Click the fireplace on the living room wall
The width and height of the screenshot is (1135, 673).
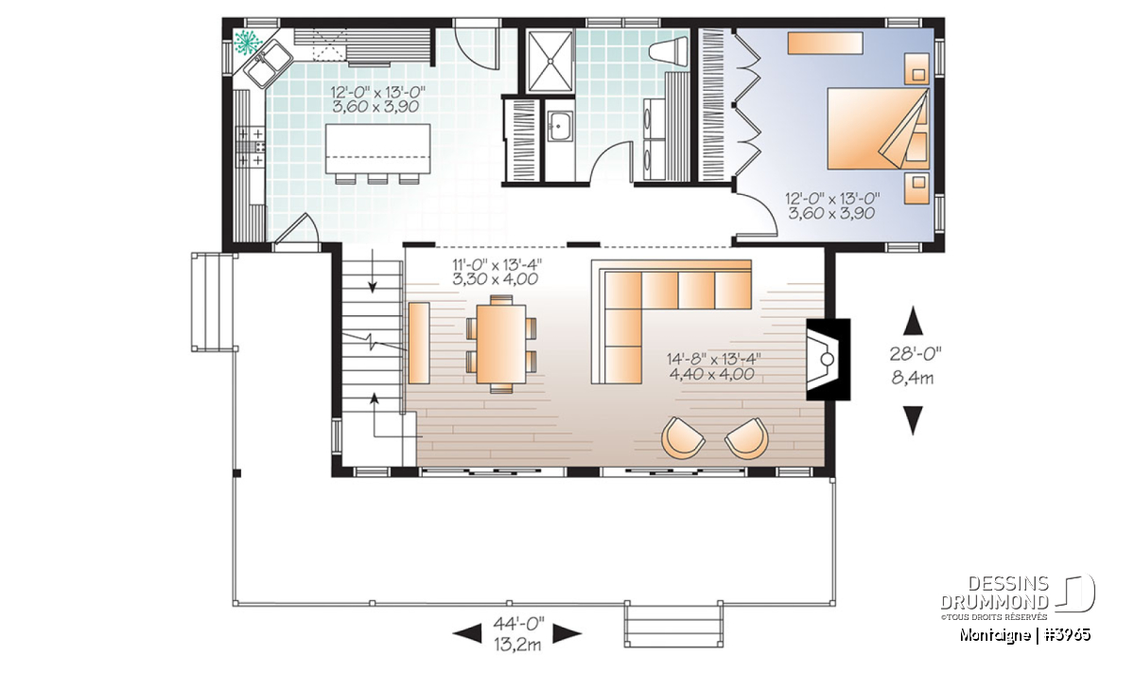(828, 359)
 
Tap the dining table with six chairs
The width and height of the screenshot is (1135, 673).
(501, 344)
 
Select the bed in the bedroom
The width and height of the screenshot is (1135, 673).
(878, 129)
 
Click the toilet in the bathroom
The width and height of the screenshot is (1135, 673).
(668, 52)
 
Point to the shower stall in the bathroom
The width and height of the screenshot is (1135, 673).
(550, 62)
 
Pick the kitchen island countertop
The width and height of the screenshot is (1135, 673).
(378, 149)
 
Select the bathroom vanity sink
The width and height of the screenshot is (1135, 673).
(559, 126)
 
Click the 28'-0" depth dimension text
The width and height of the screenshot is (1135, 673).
(916, 354)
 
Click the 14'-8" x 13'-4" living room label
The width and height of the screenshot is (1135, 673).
(713, 360)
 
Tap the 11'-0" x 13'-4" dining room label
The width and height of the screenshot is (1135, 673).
(498, 265)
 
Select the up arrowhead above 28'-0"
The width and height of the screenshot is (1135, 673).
(913, 320)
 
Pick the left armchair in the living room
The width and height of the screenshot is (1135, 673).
(683, 438)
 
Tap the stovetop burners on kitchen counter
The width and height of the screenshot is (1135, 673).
(252, 147)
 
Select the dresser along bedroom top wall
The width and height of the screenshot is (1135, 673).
(825, 44)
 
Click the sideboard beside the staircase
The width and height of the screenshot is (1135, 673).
(419, 343)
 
